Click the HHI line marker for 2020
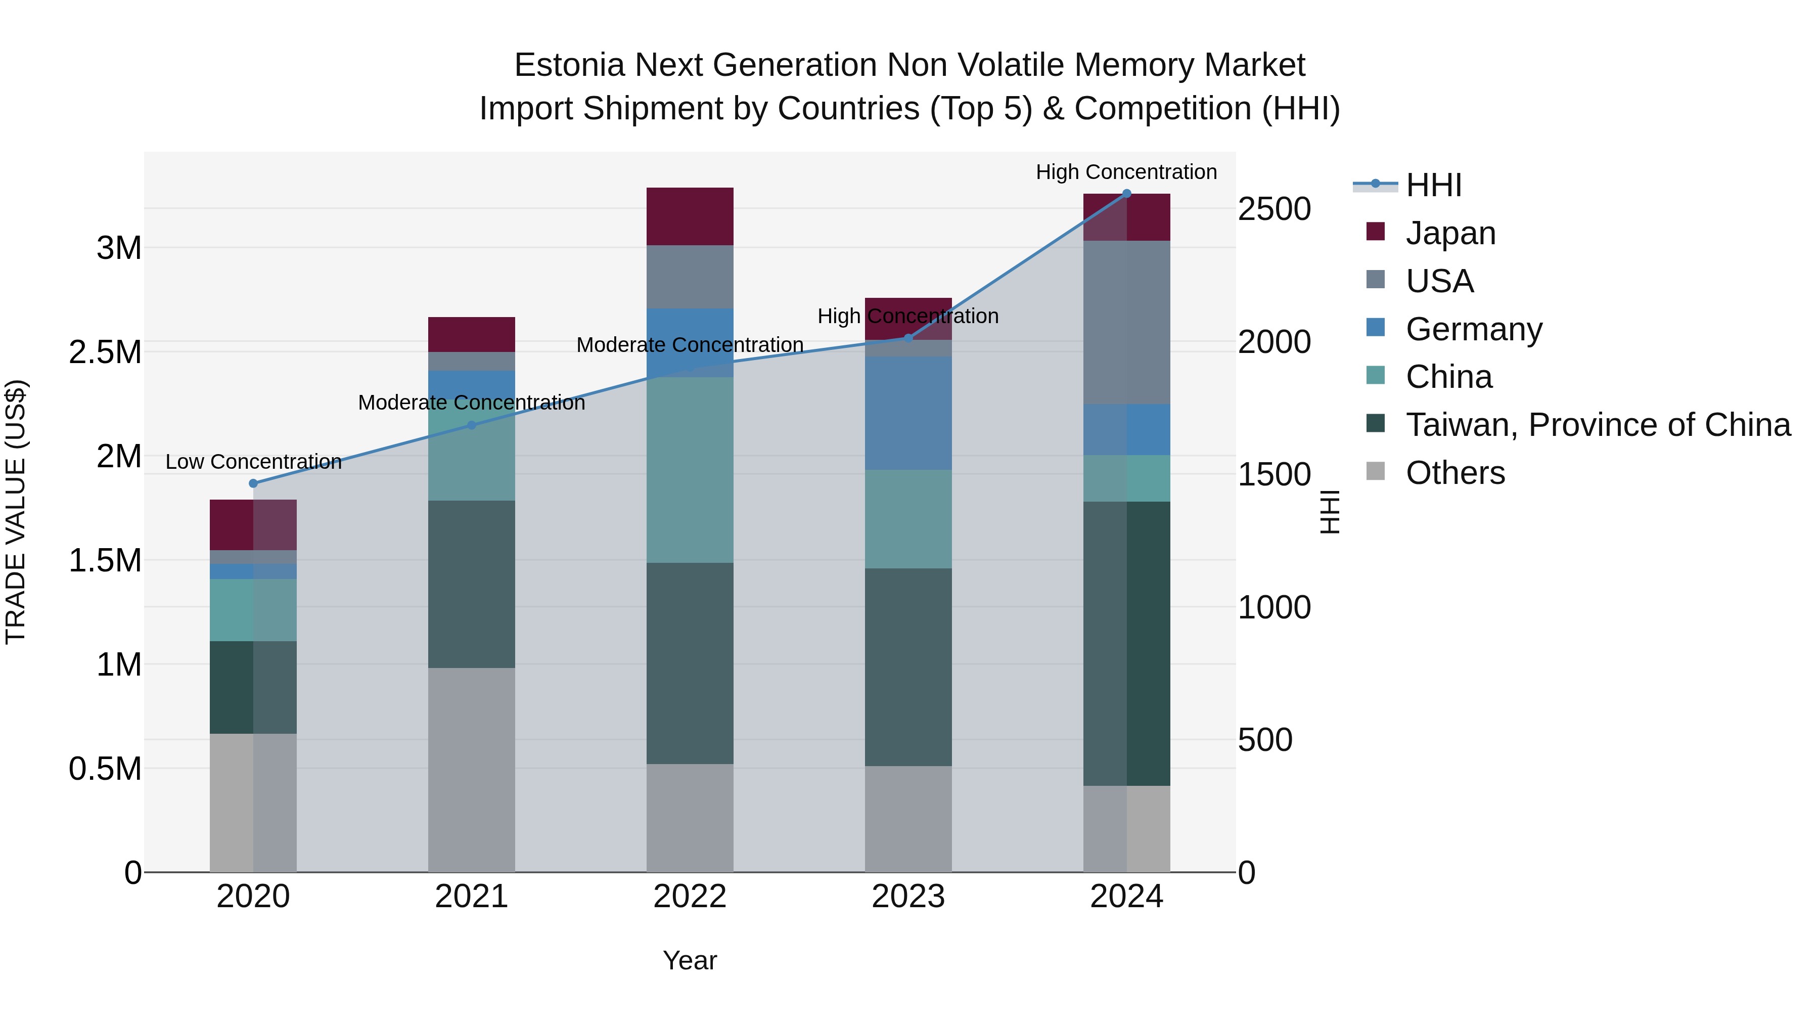coord(254,483)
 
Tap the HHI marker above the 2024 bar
coord(1127,194)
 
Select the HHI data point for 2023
coord(908,338)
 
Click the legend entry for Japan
coord(1450,233)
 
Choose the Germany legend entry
coord(1474,329)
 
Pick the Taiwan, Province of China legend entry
coord(1598,425)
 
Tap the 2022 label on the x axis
coord(690,897)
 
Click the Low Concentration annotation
coord(254,462)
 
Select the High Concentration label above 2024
coord(1126,172)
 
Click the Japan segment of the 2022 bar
coord(690,216)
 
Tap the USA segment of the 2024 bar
coord(1127,322)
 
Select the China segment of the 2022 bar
coord(690,469)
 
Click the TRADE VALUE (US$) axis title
coord(16,512)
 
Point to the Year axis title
coord(690,960)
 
